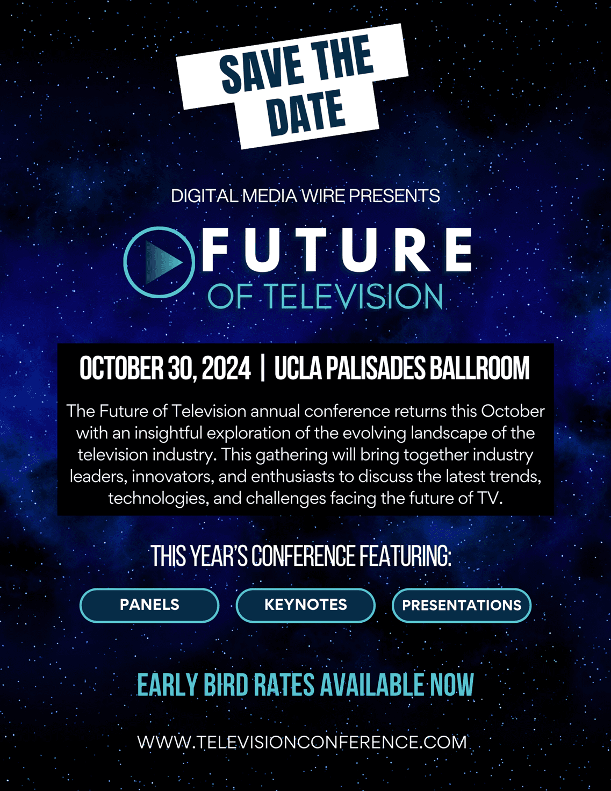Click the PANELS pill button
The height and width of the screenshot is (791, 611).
tap(149, 605)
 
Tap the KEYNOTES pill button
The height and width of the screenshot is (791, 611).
tap(305, 605)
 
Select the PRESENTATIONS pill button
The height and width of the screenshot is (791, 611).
tap(462, 605)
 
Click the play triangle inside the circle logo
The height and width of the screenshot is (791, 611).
tap(163, 262)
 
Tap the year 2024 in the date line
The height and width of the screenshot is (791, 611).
tap(226, 368)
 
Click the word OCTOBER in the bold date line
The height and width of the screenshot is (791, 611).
tap(121, 368)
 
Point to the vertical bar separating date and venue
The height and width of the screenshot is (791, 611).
tap(263, 369)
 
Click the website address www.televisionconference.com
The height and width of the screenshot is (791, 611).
tap(302, 742)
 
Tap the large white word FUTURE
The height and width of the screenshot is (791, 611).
tap(336, 250)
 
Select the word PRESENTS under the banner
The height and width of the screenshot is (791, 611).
tap(394, 196)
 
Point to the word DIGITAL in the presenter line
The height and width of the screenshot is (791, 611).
tap(205, 196)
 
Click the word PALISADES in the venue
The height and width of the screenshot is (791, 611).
tap(375, 368)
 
